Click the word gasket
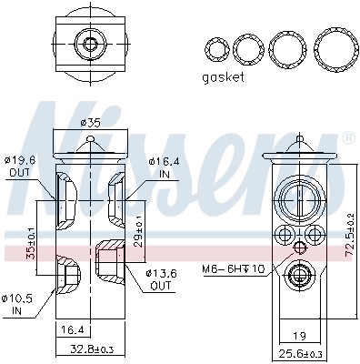pyautogui.click(x=223, y=78)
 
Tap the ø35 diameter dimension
pyautogui.click(x=89, y=123)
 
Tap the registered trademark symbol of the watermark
pyautogui.click(x=347, y=138)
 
